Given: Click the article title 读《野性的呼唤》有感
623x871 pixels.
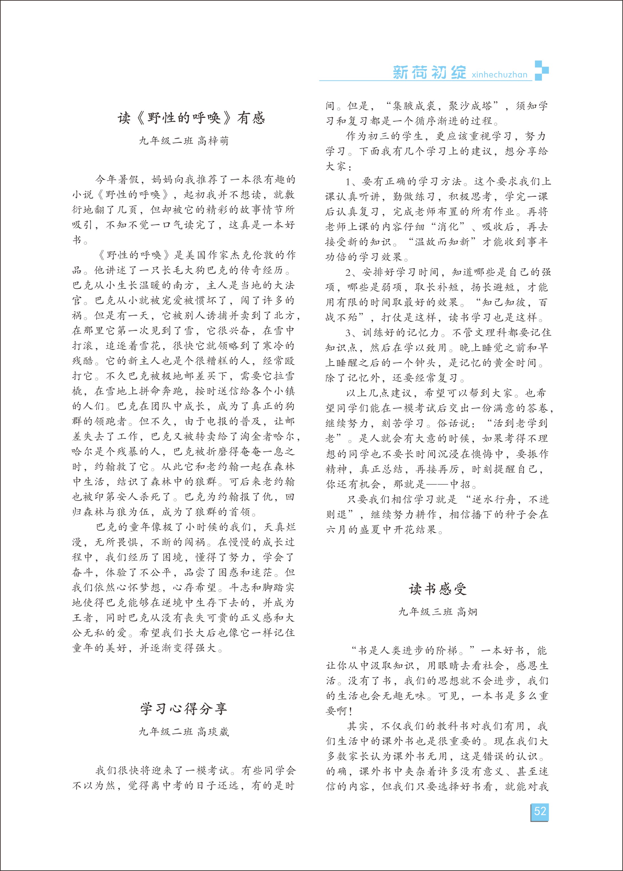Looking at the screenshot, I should (x=191, y=118).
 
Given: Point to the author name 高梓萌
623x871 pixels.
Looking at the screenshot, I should (x=213, y=141).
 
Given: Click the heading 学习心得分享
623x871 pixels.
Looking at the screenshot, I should (x=183, y=709).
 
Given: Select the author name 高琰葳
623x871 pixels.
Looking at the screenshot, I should (x=213, y=732).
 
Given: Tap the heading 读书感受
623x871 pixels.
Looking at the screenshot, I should (x=438, y=589).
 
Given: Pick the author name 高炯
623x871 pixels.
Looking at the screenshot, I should (x=467, y=612).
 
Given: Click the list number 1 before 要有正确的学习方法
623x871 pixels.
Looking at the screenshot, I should (x=348, y=181).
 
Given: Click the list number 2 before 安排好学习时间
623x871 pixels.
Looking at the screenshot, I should (x=348, y=272).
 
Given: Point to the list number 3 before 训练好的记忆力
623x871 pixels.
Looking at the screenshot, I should (x=348, y=333).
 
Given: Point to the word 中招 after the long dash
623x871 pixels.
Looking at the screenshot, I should (x=460, y=484).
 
